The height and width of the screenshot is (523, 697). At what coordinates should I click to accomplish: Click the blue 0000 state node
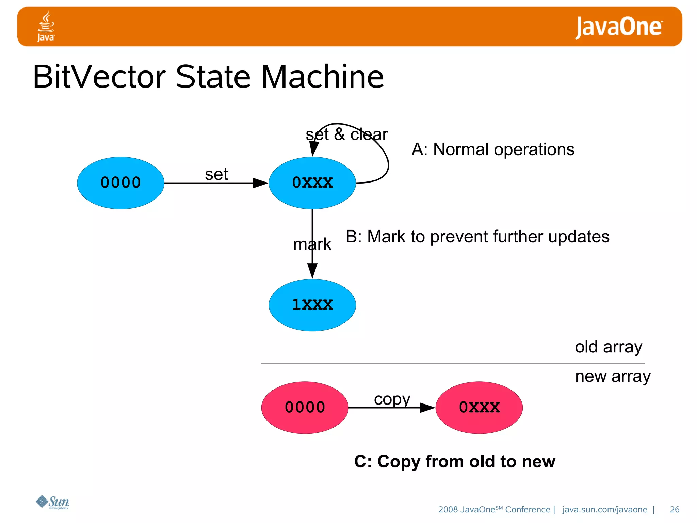[120, 183]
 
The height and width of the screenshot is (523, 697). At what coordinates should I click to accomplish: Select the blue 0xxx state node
[312, 183]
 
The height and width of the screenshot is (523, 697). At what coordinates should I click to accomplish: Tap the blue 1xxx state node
[312, 305]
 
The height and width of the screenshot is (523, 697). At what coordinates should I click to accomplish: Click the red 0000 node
[305, 407]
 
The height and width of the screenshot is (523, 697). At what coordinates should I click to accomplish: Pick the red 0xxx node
[479, 407]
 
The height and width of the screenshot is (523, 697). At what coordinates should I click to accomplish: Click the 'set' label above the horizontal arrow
[216, 174]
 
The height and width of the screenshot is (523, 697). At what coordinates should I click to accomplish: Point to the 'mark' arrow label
[312, 244]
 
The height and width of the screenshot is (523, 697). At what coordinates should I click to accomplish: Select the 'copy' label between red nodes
[392, 399]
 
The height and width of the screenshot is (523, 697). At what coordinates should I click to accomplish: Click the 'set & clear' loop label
[346, 134]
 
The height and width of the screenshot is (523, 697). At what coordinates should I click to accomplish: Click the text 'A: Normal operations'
[493, 149]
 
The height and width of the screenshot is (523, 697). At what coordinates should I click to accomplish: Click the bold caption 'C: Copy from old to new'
[455, 462]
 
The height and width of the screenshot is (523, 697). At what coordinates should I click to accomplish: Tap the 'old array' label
[609, 347]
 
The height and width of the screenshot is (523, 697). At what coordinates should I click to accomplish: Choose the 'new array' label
[613, 376]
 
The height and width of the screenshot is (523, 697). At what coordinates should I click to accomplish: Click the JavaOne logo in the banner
[619, 27]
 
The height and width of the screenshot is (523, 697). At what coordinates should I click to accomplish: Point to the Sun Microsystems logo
[53, 502]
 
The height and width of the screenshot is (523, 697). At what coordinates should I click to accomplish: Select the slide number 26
[674, 509]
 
